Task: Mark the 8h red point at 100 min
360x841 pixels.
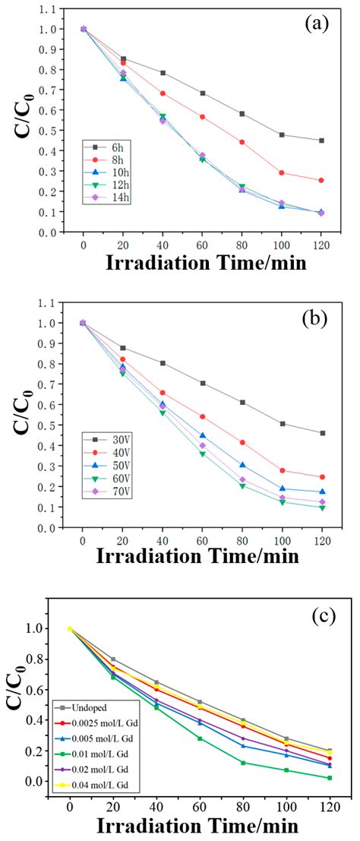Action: point(282,173)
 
